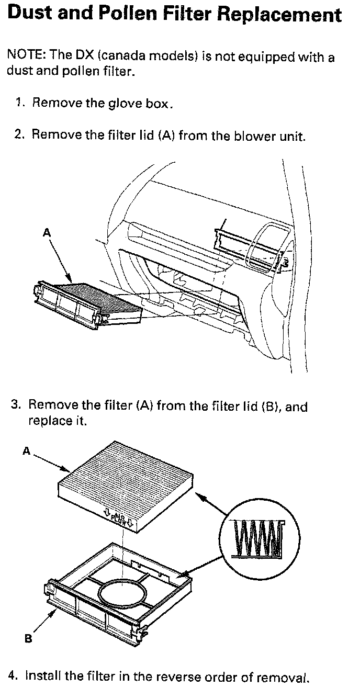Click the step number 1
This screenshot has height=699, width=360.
20,103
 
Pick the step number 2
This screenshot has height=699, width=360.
20,134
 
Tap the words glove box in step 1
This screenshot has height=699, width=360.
138,103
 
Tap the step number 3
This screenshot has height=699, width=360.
16,405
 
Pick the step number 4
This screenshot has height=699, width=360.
15,676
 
